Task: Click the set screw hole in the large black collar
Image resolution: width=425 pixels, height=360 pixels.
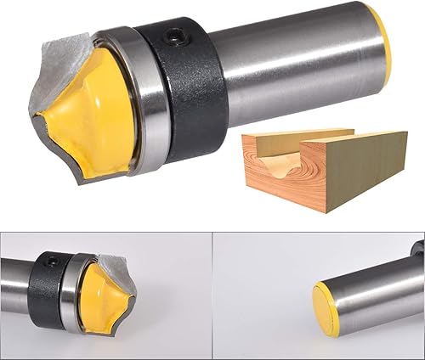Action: [x=177, y=37]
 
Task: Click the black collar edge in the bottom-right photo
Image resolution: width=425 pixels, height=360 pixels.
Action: [x=418, y=248]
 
